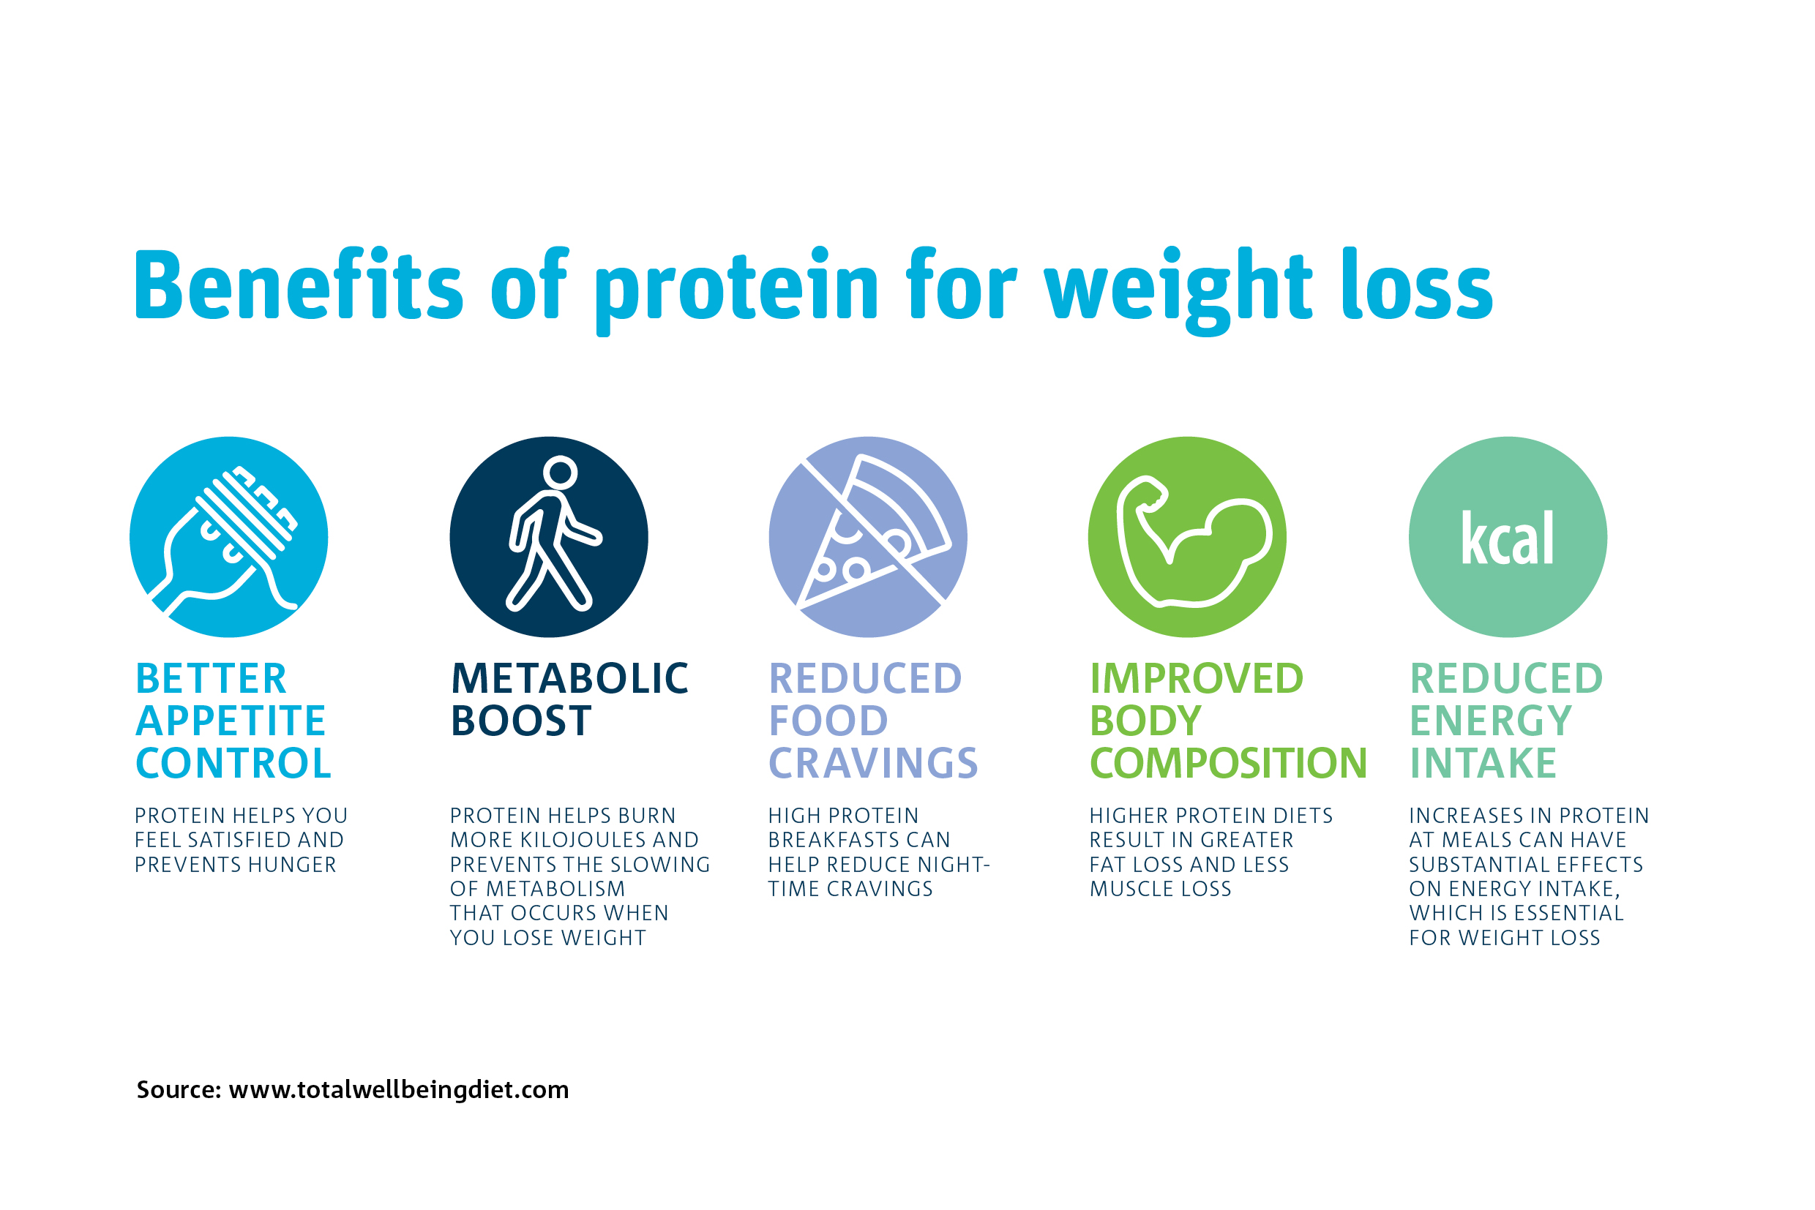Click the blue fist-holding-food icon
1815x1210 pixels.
228,537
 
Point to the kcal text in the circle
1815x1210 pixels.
1508,538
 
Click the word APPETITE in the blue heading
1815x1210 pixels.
231,721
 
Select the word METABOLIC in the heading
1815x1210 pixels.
569,679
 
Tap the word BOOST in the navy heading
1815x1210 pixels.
521,721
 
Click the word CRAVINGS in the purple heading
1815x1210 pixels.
874,763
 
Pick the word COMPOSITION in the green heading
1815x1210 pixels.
1228,763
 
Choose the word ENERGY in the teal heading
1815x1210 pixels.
1491,721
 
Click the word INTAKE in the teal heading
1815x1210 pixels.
1483,763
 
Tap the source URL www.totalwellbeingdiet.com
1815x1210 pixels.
399,1089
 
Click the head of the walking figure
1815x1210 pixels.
561,473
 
